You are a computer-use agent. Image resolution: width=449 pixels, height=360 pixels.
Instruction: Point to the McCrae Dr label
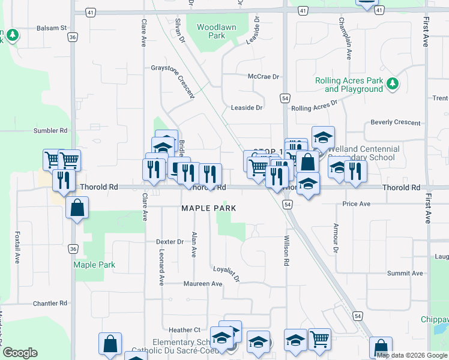[x=264, y=77]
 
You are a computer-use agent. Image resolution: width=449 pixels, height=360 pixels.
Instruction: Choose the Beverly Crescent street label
[x=396, y=122]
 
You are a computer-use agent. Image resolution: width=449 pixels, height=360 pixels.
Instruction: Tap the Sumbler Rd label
[x=50, y=130]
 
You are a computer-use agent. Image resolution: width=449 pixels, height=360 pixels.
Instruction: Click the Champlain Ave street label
[x=348, y=38]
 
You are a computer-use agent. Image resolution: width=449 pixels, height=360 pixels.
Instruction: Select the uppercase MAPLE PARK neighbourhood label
[x=209, y=208]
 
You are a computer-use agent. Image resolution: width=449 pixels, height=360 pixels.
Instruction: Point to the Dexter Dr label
[x=170, y=242]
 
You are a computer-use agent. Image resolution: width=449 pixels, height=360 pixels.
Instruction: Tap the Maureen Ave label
[x=203, y=284]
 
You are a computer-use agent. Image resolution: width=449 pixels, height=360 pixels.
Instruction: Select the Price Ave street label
[x=356, y=204]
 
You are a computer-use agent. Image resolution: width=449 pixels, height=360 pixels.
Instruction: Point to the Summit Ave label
[x=405, y=273]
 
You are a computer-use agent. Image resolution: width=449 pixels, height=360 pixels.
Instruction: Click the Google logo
[x=20, y=353]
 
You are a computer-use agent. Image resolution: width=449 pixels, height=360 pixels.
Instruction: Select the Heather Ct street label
[x=184, y=330]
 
